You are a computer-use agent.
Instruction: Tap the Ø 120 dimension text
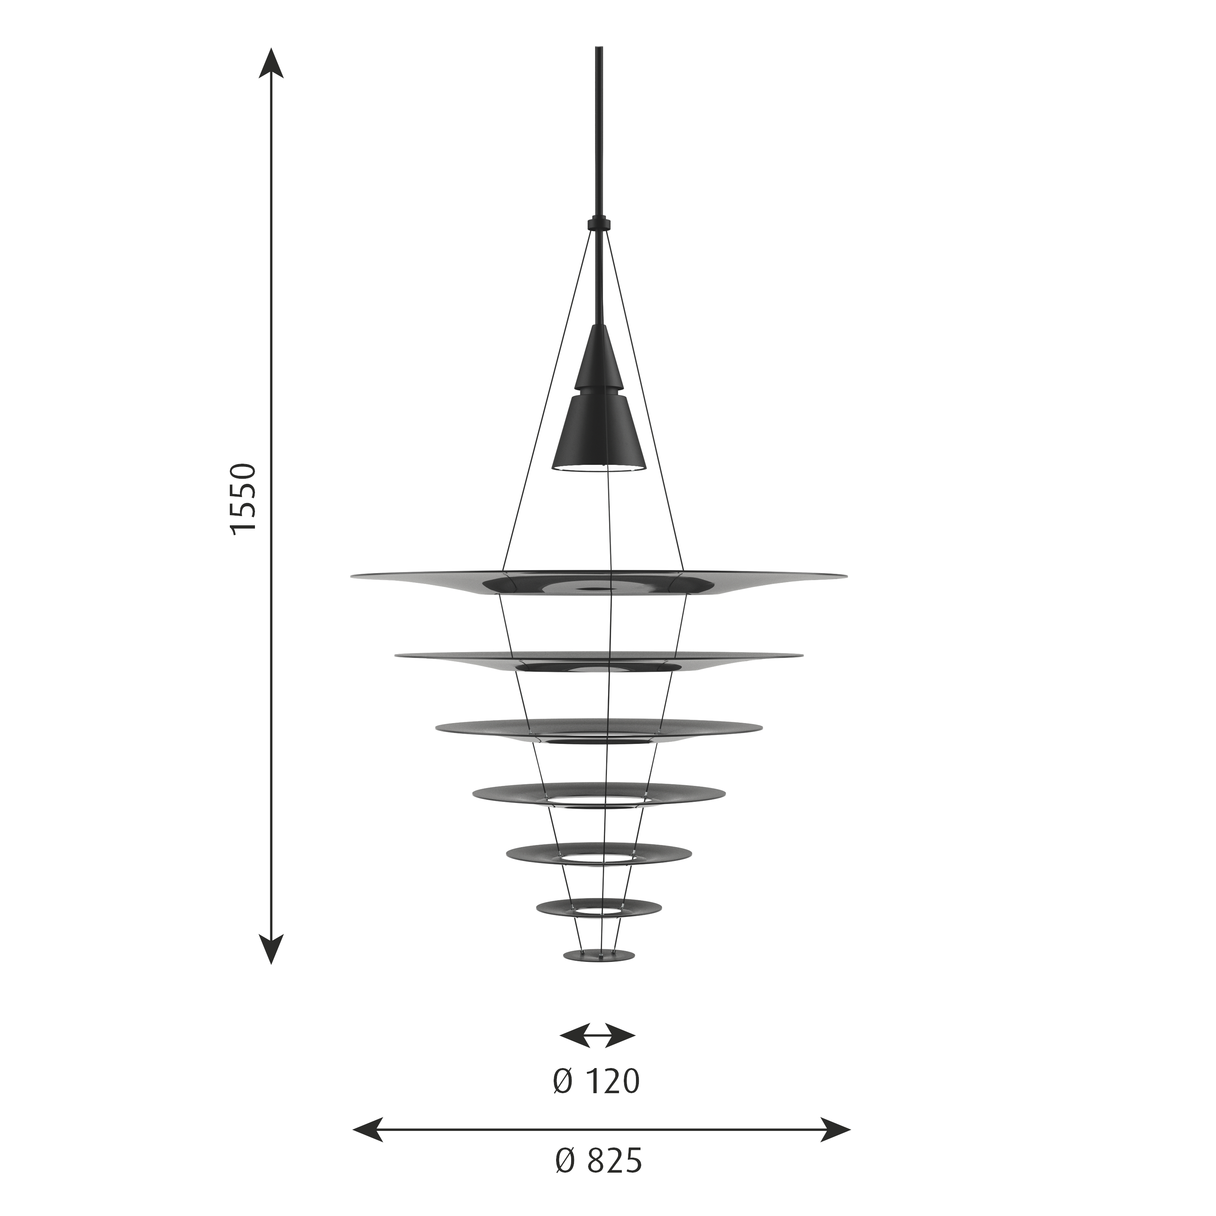coord(596,1082)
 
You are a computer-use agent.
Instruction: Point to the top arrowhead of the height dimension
coord(271,63)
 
